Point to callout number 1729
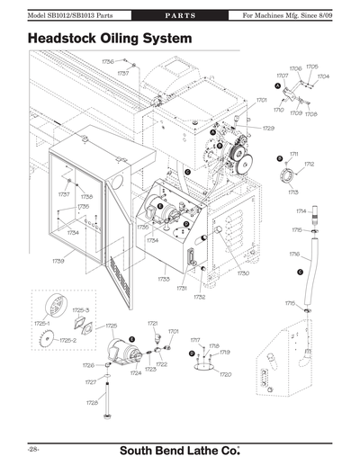tap(268, 129)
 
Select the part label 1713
tap(293, 192)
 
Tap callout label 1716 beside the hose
tap(294, 255)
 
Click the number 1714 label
tap(301, 210)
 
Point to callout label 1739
tap(58, 261)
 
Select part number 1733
tap(164, 279)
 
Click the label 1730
tap(242, 273)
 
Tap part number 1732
tap(200, 296)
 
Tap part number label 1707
tap(282, 76)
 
